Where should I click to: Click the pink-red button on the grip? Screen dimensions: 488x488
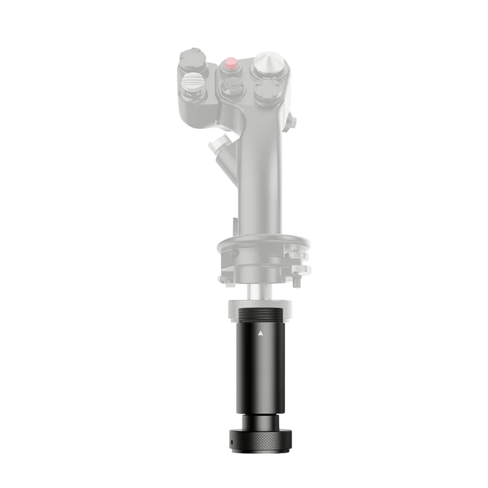pyautogui.click(x=231, y=62)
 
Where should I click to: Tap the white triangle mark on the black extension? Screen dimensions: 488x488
pyautogui.click(x=261, y=334)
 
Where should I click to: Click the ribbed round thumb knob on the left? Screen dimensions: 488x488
pyautogui.click(x=192, y=82)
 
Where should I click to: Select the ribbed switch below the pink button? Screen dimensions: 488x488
pyautogui.click(x=231, y=87)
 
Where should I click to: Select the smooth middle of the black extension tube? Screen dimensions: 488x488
pyautogui.click(x=261, y=372)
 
